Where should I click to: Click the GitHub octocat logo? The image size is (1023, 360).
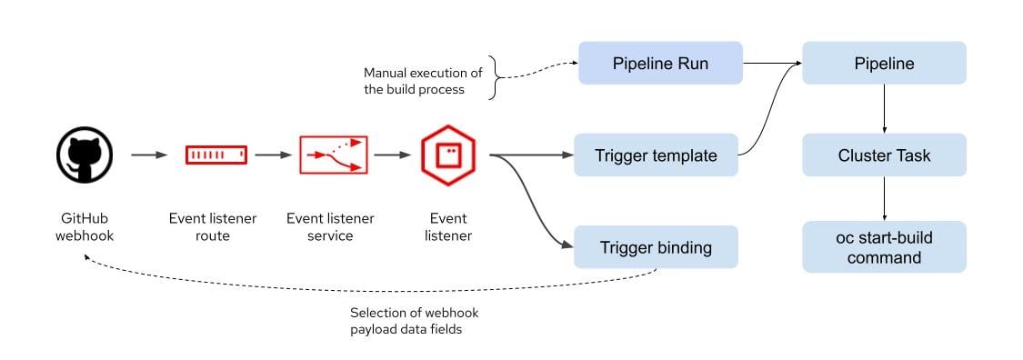click(85, 155)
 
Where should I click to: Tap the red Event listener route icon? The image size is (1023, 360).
click(216, 155)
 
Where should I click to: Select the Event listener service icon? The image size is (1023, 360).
click(333, 155)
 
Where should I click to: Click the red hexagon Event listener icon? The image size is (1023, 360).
click(448, 155)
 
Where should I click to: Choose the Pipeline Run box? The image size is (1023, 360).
click(660, 64)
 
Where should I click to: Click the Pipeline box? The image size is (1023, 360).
click(884, 64)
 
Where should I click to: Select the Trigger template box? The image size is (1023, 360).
click(656, 155)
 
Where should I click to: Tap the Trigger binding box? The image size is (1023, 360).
click(656, 247)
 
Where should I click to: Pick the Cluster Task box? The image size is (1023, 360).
click(884, 155)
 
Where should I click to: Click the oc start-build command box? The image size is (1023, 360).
click(884, 247)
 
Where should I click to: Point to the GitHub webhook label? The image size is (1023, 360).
click(85, 227)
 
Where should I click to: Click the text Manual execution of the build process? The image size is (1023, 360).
click(422, 81)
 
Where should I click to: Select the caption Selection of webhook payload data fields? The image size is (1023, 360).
click(414, 321)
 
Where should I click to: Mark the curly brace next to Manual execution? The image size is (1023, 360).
click(496, 77)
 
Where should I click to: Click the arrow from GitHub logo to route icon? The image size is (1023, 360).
click(149, 155)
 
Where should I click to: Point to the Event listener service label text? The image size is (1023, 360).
click(330, 227)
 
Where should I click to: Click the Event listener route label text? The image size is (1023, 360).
click(213, 227)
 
